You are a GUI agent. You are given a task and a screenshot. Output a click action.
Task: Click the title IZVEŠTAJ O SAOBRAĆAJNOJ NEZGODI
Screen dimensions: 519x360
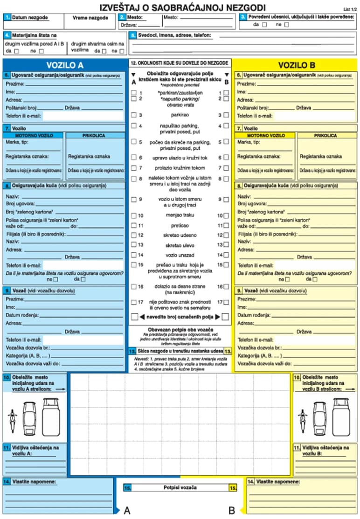click(183, 7)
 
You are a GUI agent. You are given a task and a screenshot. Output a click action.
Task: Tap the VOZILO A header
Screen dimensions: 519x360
click(65, 65)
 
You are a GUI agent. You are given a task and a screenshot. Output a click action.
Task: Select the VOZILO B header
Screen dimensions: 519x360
click(297, 65)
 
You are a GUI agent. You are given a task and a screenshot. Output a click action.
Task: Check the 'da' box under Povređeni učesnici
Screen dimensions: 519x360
click(264, 25)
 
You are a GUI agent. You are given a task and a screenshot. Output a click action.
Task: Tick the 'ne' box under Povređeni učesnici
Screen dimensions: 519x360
click(286, 25)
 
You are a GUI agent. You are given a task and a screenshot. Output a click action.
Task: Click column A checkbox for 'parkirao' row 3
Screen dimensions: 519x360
click(134, 115)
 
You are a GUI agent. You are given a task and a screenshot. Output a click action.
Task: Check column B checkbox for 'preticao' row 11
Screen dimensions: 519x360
click(226, 225)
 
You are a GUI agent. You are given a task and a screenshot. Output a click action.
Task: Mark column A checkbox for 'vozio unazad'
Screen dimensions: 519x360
click(134, 255)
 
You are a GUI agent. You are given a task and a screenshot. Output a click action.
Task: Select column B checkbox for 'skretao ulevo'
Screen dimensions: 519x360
click(226, 245)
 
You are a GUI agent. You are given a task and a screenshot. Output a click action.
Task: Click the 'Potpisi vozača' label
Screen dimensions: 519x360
click(180, 488)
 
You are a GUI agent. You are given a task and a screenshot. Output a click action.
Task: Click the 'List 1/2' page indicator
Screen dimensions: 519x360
click(348, 9)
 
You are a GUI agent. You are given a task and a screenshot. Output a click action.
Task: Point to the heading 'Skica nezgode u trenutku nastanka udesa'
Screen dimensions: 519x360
click(180, 351)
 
